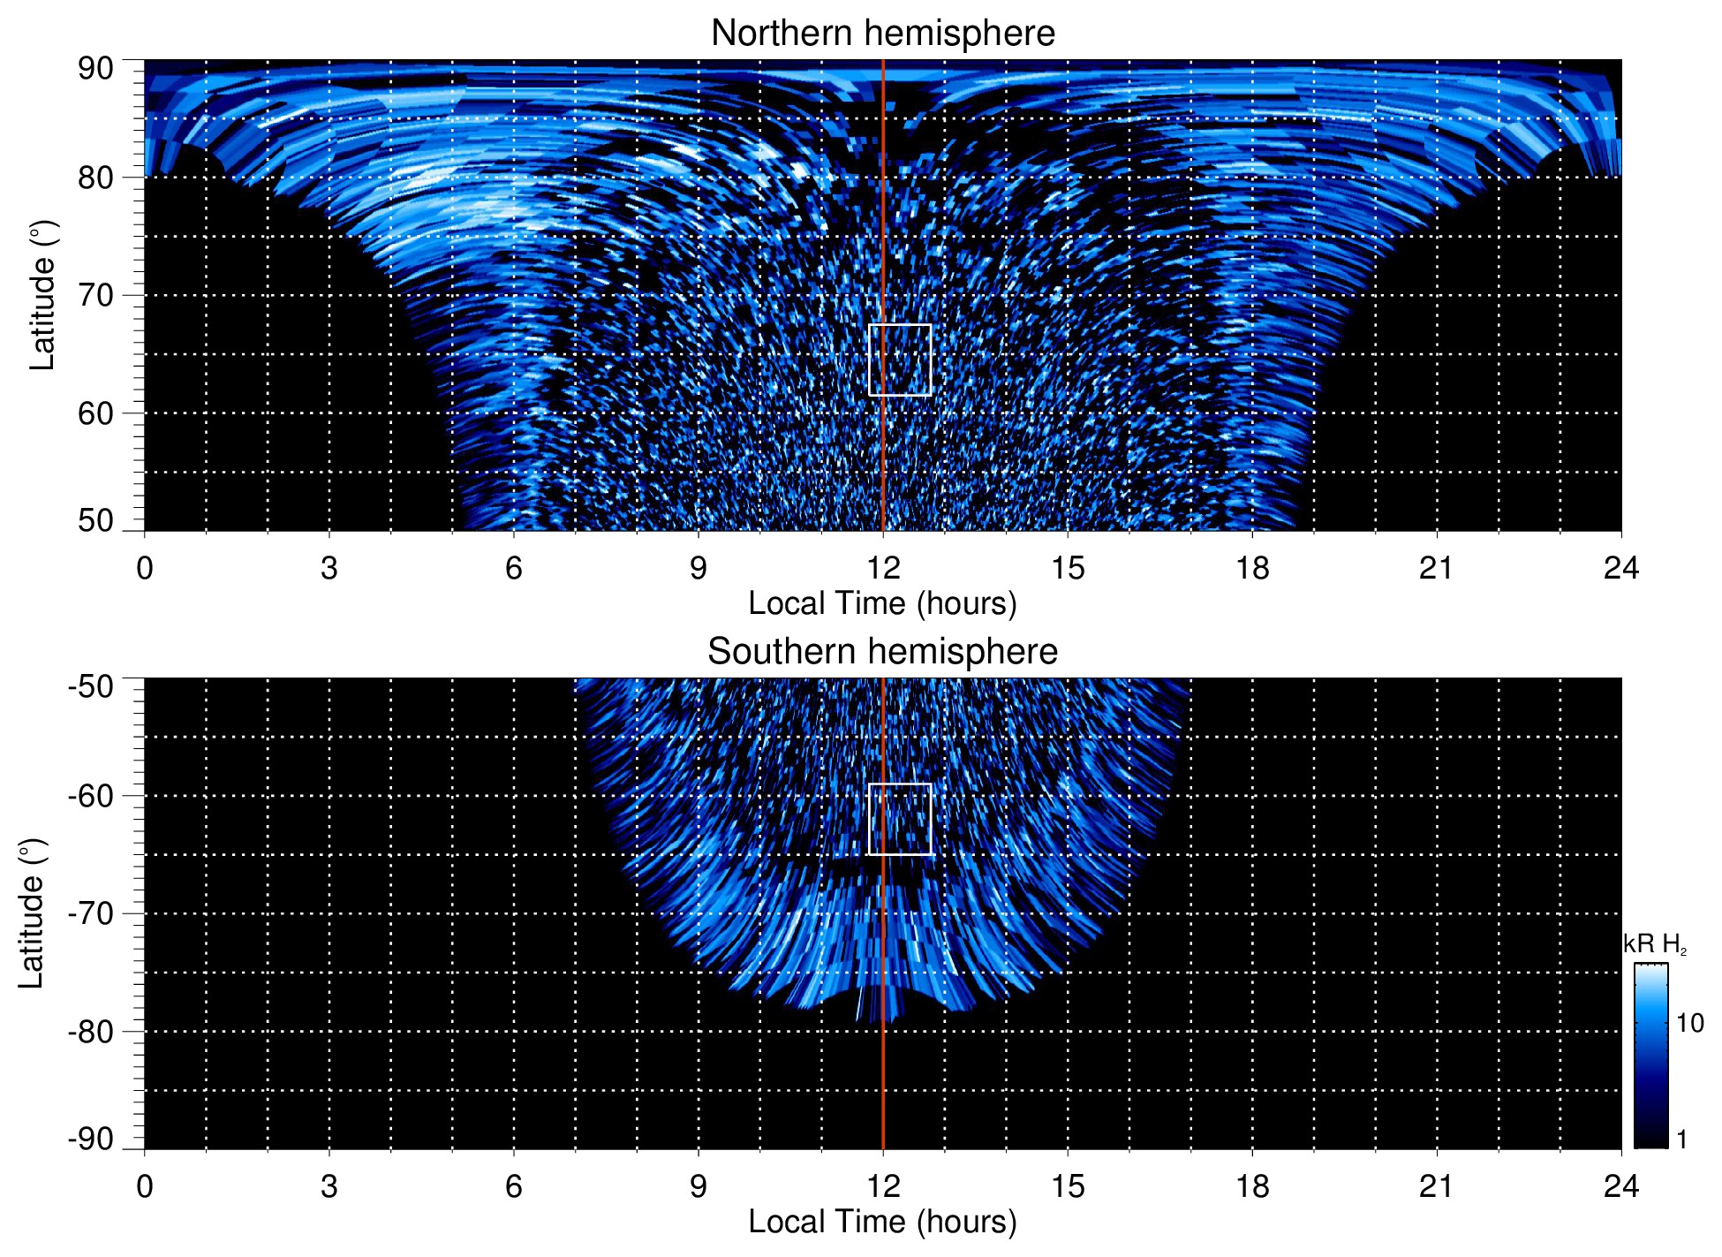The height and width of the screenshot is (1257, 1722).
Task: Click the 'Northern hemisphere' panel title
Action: tap(882, 34)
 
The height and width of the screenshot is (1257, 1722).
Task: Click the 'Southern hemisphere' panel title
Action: tap(882, 652)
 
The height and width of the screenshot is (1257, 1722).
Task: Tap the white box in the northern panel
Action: tap(900, 360)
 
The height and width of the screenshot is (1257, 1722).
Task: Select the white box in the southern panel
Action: tap(900, 819)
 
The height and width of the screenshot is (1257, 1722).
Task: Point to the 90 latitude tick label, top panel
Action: tap(95, 69)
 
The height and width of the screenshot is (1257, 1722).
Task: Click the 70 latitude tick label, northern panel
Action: tap(95, 295)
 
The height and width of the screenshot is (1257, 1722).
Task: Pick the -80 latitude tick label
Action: tap(90, 1031)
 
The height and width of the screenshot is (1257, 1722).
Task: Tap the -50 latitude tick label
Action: tap(90, 686)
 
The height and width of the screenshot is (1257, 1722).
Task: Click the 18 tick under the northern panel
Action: tap(1251, 568)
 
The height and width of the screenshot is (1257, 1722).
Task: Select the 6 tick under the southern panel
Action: tap(514, 1186)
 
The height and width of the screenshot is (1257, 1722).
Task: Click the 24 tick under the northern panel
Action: tap(1620, 568)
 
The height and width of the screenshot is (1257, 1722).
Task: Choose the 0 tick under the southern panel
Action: tap(145, 1186)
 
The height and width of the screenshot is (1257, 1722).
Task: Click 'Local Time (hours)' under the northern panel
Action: tap(882, 603)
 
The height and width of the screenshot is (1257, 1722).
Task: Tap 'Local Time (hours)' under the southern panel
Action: tap(882, 1222)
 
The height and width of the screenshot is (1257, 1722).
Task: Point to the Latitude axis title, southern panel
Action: tap(32, 913)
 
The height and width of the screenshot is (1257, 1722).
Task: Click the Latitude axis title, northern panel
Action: tap(42, 295)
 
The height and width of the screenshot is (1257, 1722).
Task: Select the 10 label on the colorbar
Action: tap(1689, 1023)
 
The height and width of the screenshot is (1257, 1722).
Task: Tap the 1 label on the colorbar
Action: tap(1681, 1140)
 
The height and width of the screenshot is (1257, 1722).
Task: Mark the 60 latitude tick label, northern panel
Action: tap(95, 413)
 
